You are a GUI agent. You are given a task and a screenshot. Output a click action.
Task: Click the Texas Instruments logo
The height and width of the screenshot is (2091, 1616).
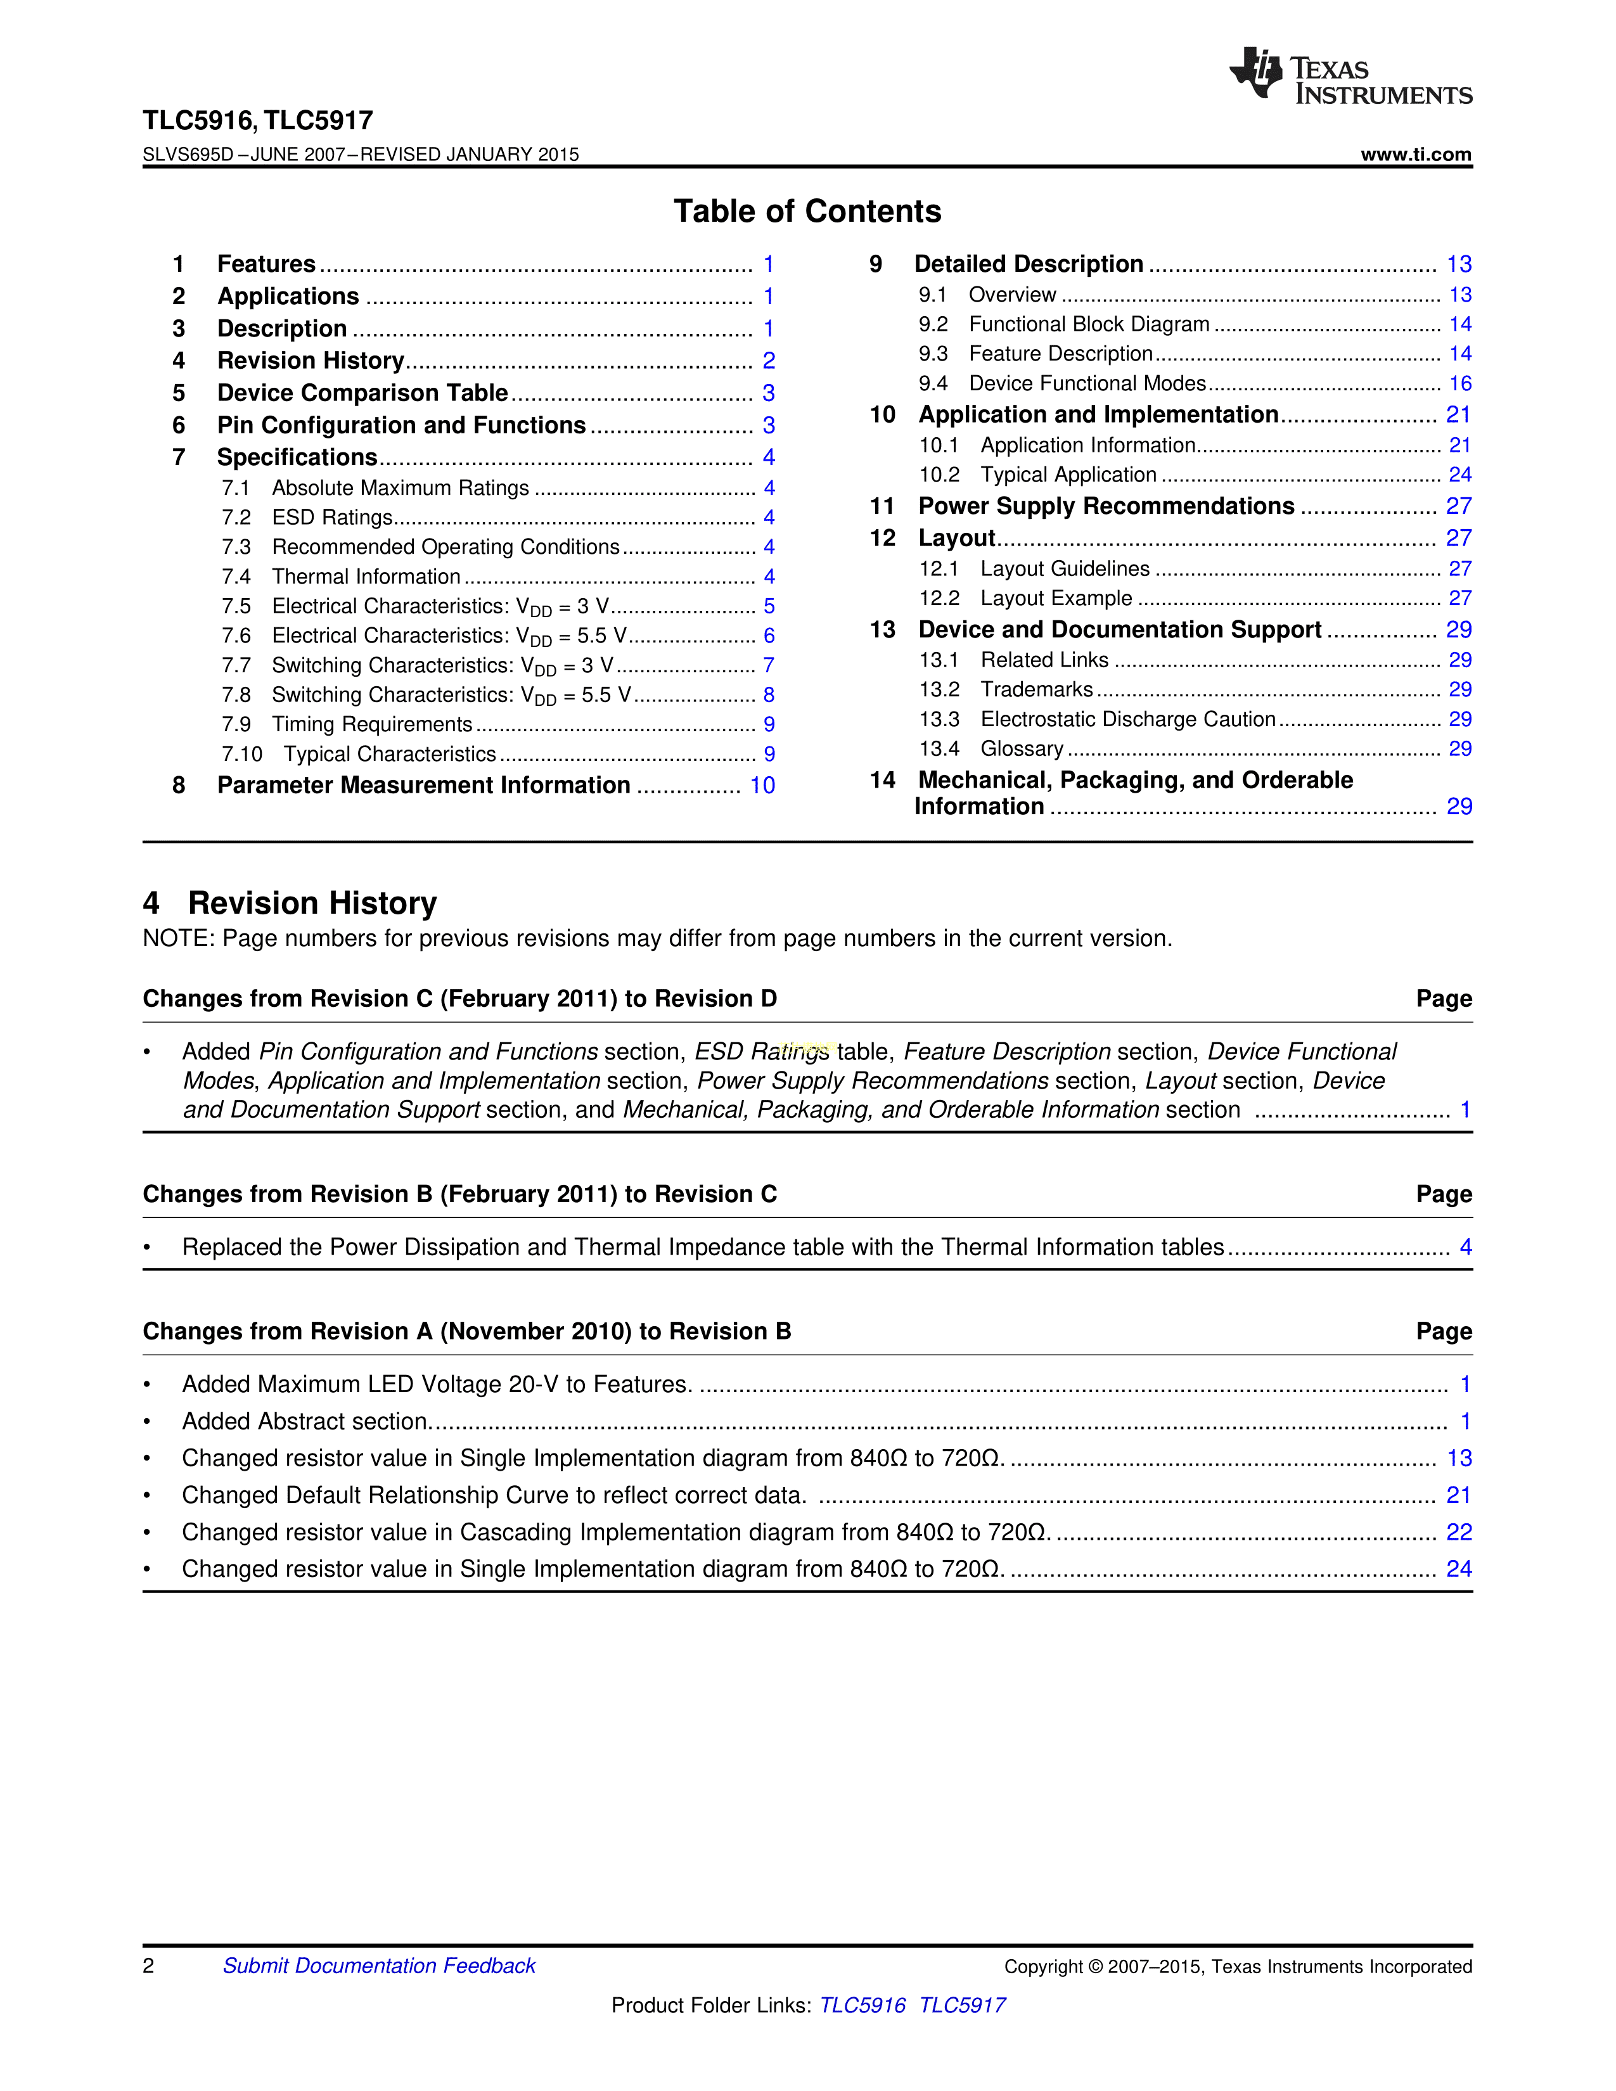coord(1350,75)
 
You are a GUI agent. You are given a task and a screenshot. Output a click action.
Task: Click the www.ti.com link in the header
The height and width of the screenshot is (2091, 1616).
coord(1416,154)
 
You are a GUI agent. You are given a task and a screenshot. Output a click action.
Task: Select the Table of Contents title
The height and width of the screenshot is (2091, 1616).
coord(807,212)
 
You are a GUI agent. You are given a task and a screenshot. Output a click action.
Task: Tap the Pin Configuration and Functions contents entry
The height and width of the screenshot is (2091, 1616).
coord(401,425)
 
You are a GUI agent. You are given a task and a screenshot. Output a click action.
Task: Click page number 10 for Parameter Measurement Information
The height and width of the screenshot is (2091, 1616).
coord(762,785)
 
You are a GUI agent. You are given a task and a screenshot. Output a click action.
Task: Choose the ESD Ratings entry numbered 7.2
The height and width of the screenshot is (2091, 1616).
coord(332,518)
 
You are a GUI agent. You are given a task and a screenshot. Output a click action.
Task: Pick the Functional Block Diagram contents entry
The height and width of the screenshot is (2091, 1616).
coord(1089,324)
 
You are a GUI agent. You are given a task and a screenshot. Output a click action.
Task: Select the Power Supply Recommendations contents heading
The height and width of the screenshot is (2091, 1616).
coord(1106,506)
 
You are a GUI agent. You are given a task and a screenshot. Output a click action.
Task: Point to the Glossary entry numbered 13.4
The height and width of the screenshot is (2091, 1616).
coord(1022,749)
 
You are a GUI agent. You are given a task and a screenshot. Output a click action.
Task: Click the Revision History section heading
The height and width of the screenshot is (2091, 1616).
coord(312,903)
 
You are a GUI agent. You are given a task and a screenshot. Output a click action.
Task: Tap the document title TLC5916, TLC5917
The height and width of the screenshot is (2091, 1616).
coord(257,120)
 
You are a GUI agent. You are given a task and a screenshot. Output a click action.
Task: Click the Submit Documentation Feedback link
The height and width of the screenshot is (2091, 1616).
coord(379,1966)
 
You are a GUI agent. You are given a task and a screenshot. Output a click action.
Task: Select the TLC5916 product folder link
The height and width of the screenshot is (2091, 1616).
coord(863,2005)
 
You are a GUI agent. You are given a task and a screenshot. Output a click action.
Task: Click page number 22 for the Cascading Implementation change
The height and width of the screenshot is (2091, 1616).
coord(1459,1532)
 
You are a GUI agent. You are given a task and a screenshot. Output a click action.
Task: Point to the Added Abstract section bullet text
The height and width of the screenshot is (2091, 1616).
coord(304,1422)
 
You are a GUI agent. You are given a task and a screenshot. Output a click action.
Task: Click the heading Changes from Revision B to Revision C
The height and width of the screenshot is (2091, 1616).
coord(459,1194)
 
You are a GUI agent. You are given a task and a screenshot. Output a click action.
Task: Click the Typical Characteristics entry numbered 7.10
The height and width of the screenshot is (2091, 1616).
coord(388,755)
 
